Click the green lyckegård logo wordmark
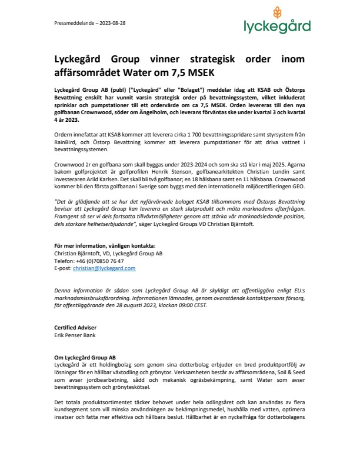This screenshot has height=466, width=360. (277, 26)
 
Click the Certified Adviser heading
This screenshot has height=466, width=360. (67, 327)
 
